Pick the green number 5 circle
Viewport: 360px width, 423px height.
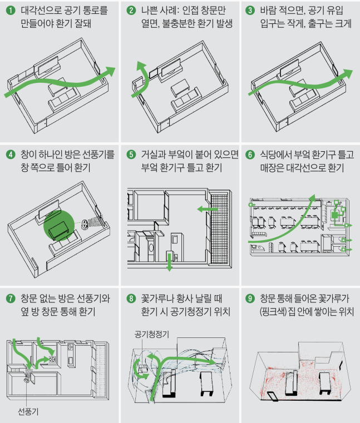(131, 154)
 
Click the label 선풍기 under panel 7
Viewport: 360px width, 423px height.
(28, 411)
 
